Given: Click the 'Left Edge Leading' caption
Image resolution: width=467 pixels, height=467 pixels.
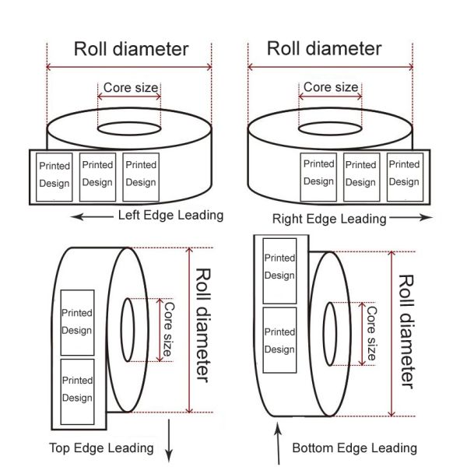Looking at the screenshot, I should coord(170,215).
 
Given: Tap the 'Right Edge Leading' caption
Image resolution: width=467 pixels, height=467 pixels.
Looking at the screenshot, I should coord(328,219).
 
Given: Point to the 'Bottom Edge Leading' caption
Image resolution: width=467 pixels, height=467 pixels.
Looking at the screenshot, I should coord(354,448).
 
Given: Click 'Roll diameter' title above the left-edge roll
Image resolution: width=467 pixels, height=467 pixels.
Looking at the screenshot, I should coord(131,49).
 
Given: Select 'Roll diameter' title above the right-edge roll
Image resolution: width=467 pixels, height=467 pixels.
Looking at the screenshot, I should coord(325,48).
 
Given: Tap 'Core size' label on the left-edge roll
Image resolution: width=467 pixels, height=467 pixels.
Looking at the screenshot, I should coord(130,87).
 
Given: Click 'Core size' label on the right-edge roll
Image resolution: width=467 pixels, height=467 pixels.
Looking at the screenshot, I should coord(331,87).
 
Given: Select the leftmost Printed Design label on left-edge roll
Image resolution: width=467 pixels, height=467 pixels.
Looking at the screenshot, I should coord(54,174).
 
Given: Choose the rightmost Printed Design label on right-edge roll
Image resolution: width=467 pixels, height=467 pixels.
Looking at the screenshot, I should coord(403,173).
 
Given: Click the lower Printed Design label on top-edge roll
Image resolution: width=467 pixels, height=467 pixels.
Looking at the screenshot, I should coord(77,389).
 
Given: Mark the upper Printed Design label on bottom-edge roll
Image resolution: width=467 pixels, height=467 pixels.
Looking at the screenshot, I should coord(279,266).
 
